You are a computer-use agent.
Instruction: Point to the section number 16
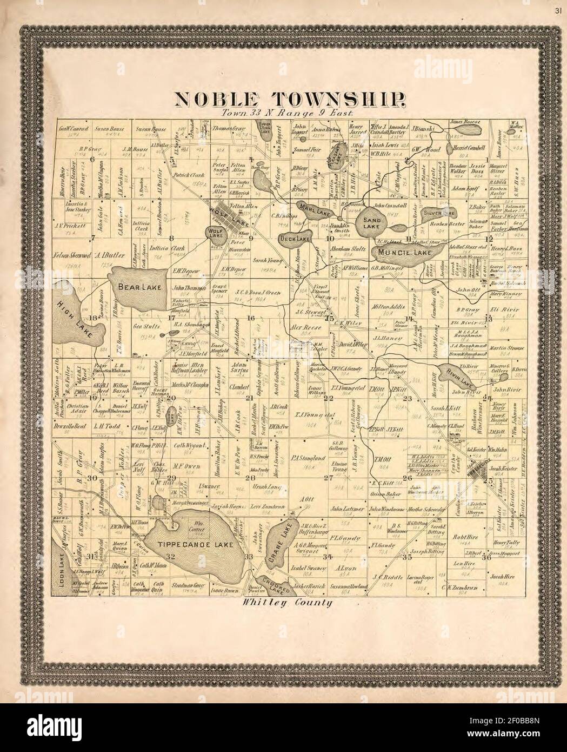pyautogui.click(x=250, y=318)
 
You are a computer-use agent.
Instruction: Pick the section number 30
pyautogui.click(x=92, y=478)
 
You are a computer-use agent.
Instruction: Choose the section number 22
pyautogui.click(x=328, y=398)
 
